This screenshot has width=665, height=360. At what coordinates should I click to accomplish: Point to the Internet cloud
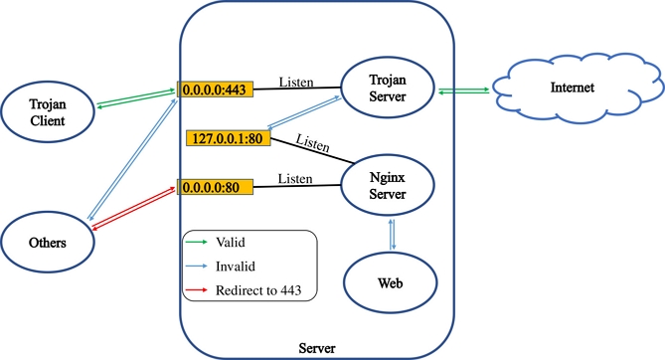572,89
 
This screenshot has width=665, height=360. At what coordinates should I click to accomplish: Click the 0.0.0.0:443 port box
215,90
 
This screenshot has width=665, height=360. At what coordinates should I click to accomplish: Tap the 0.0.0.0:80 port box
215,186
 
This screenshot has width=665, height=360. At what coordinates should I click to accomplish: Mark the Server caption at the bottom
317,348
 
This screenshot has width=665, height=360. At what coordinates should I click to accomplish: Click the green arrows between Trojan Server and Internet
465,90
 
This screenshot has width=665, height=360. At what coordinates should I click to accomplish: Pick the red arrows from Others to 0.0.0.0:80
133,209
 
